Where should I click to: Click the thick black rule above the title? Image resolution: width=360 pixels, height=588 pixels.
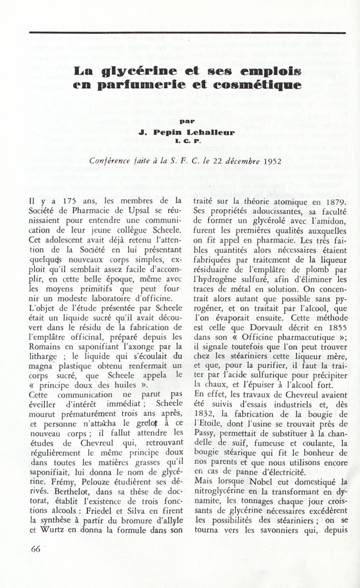[187, 32]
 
